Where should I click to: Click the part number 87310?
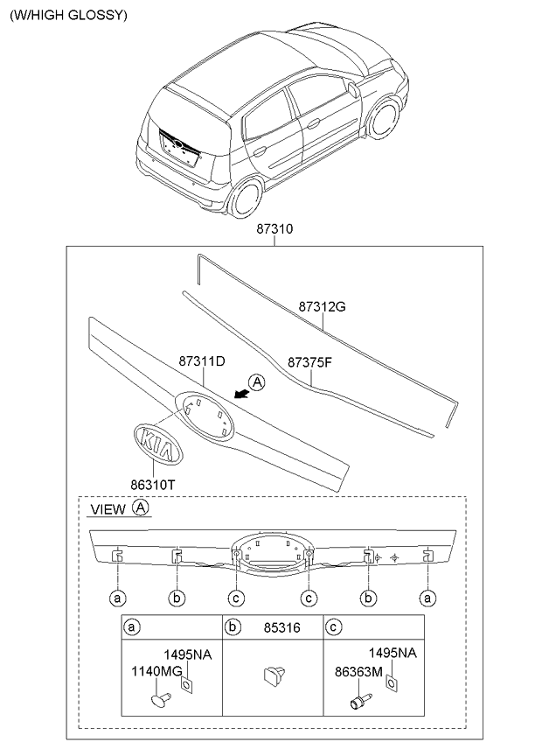click(x=274, y=229)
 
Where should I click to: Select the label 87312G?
click(x=323, y=308)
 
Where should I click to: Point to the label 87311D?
click(x=203, y=360)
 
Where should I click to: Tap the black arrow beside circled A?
click(x=234, y=395)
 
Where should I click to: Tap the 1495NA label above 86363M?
click(x=392, y=653)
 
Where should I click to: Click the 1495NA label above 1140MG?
click(x=188, y=653)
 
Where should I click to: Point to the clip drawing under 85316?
click(x=272, y=677)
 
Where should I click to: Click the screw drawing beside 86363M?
click(x=358, y=701)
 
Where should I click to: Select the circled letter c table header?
click(x=332, y=626)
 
